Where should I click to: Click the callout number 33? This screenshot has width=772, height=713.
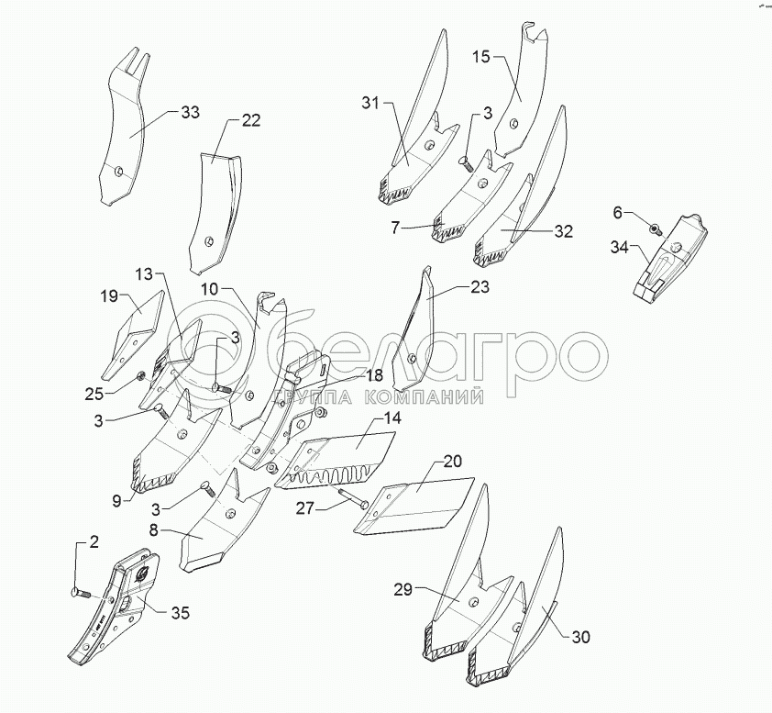190,113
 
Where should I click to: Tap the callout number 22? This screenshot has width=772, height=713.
250,120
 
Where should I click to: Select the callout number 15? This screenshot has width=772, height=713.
481,57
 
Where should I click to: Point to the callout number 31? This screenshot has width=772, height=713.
369,103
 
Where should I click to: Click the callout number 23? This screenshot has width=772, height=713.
480,287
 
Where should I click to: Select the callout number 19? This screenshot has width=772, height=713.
109,296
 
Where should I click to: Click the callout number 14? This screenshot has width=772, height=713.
392,418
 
